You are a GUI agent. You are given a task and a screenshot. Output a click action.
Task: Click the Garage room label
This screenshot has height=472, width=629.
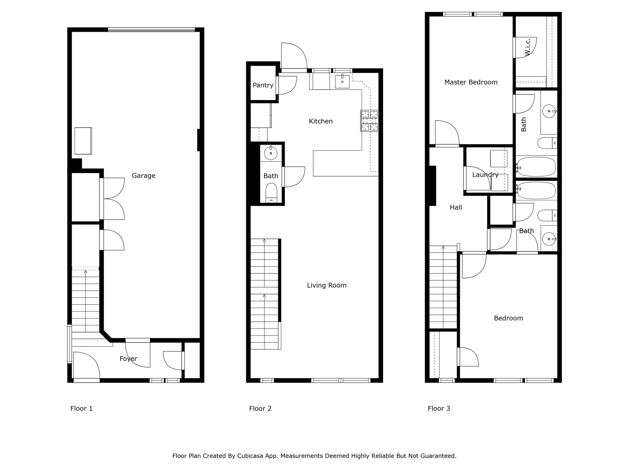(143, 176)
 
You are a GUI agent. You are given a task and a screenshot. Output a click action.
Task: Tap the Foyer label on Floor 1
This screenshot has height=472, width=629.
(128, 358)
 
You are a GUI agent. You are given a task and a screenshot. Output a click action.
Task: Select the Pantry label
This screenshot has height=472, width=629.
(263, 85)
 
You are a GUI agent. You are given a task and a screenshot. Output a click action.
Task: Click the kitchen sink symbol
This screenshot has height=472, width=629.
(342, 81)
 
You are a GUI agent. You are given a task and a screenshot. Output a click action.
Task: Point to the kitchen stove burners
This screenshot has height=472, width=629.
(369, 121)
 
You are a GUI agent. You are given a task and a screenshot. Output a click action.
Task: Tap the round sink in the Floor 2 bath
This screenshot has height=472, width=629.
(270, 154)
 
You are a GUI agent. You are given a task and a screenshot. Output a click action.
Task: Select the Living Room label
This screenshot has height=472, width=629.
(326, 285)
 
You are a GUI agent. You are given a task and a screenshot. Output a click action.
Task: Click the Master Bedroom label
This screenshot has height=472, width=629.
(471, 82)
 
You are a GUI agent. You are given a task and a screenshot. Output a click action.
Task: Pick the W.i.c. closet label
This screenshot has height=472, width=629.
(528, 47)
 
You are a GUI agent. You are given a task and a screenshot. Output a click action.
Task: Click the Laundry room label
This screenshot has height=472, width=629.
(485, 175)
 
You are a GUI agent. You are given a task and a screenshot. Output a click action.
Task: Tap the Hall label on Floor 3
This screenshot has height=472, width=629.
(456, 207)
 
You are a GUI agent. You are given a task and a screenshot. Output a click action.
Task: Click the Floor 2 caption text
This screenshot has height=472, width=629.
(260, 408)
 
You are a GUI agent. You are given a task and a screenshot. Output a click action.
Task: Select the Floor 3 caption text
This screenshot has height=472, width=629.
(439, 408)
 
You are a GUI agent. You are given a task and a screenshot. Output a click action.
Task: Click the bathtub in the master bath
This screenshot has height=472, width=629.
(537, 167)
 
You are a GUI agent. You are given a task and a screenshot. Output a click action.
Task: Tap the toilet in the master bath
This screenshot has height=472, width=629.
(547, 143)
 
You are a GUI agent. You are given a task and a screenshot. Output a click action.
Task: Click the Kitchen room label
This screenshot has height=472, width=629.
(320, 121)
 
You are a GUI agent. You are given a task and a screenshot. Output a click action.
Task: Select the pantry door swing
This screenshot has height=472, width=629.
(287, 85)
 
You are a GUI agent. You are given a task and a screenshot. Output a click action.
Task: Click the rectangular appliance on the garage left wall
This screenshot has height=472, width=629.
(83, 141)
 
